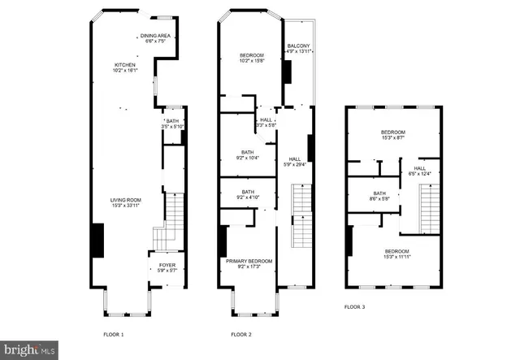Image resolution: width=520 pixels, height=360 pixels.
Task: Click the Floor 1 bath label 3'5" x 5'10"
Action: [172, 124]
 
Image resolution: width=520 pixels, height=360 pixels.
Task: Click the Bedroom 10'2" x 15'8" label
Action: [252, 58]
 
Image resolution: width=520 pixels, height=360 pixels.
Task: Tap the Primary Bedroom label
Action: [249, 264]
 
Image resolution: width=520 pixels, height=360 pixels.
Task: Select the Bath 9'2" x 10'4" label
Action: [245, 154]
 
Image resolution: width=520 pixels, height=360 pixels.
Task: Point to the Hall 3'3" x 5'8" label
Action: [266, 123]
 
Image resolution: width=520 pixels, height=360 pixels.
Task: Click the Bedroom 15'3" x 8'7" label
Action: [393, 135]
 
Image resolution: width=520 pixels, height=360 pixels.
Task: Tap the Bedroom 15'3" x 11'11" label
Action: [396, 254]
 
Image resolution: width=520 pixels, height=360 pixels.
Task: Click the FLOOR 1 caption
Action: [113, 334]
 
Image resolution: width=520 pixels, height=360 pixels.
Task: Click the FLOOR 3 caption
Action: [354, 306]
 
